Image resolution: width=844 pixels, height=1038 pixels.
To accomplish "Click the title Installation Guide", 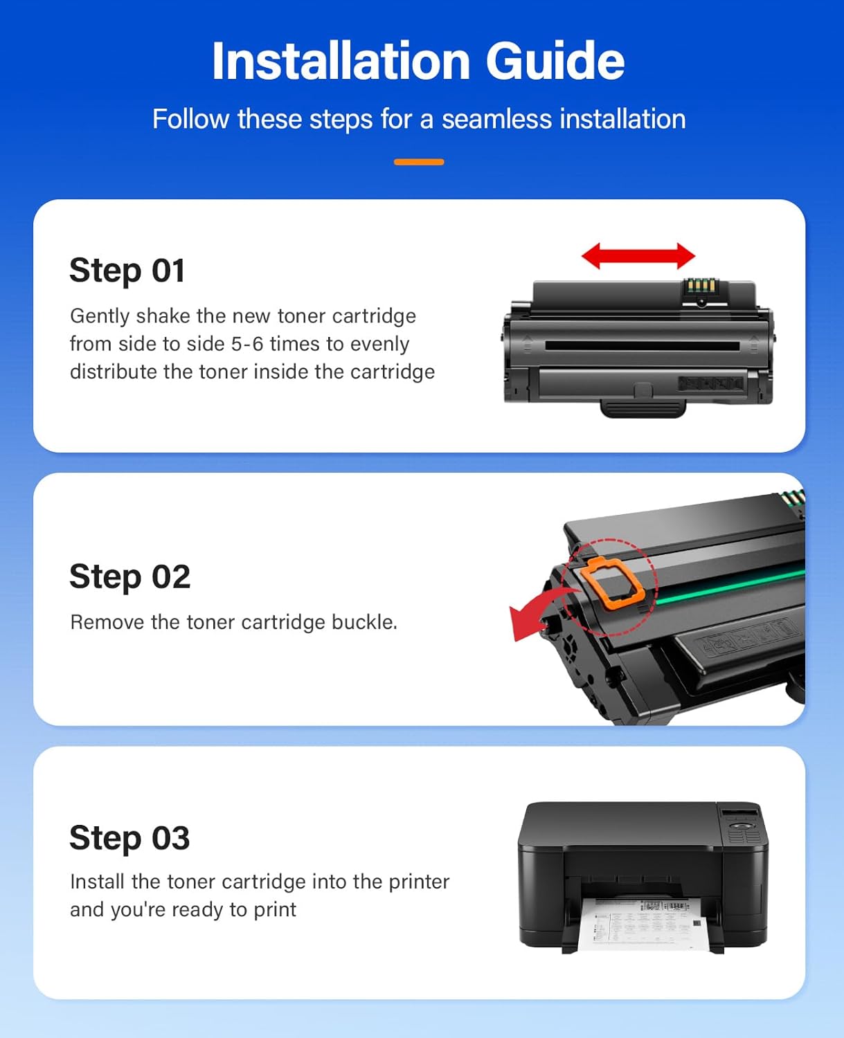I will click(x=418, y=61).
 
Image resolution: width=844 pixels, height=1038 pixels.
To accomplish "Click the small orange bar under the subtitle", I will click(x=419, y=162).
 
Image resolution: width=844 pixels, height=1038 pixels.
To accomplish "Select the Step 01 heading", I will click(x=127, y=270).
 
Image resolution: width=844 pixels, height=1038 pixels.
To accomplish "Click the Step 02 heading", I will click(x=129, y=576).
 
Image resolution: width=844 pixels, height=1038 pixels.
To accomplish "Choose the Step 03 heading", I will click(x=129, y=838).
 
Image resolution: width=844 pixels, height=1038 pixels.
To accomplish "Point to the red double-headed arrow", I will click(x=638, y=256).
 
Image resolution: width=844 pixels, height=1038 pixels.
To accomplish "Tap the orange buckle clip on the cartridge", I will click(x=612, y=583).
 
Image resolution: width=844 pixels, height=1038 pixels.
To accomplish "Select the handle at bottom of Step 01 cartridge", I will click(x=643, y=408).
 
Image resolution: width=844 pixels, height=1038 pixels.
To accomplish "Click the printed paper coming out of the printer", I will click(x=641, y=924).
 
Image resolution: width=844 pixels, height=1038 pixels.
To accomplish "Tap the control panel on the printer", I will click(x=743, y=827).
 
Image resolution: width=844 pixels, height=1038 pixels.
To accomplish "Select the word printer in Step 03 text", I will click(x=419, y=882).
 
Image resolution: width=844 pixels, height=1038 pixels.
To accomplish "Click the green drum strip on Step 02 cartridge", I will click(x=727, y=585).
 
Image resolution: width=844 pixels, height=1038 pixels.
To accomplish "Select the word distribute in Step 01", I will click(x=114, y=372).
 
